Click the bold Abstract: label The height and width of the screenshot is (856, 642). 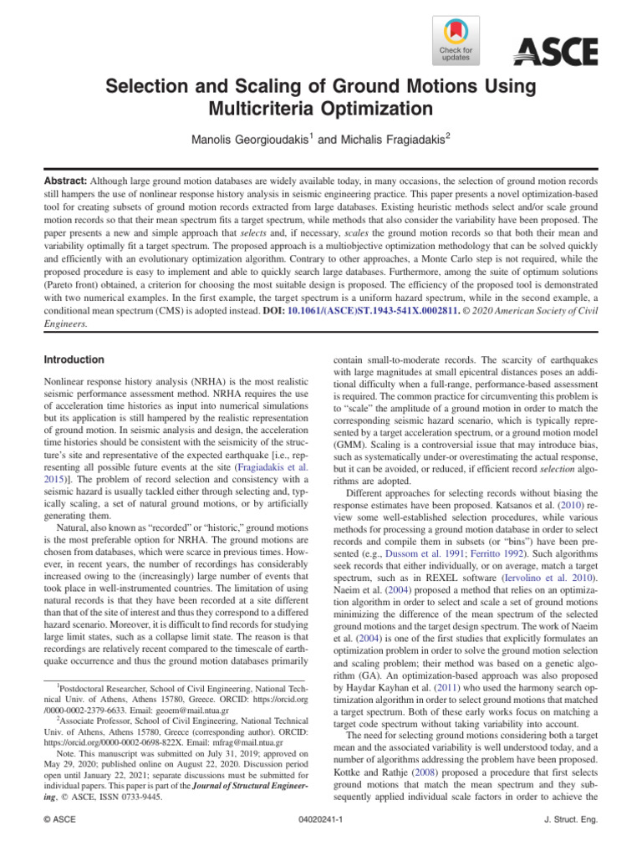(x=67, y=181)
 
